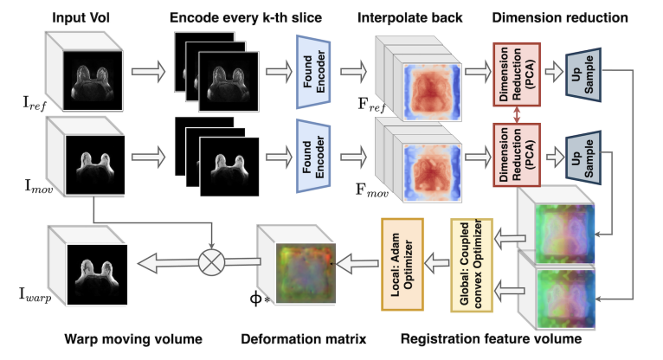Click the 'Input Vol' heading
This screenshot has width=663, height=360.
[80, 18]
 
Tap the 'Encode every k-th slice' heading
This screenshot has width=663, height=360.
[246, 18]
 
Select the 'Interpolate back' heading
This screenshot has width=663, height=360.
[409, 18]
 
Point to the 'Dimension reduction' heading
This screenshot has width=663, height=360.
[560, 18]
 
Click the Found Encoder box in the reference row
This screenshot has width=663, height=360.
[313, 72]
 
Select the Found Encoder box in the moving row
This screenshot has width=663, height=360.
[313, 157]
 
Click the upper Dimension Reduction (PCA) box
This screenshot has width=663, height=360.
[517, 74]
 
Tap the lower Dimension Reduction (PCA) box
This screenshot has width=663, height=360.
[517, 155]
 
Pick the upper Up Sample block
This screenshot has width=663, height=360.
[583, 74]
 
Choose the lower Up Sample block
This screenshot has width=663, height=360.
[583, 158]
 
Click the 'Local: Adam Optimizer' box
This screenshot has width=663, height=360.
[402, 265]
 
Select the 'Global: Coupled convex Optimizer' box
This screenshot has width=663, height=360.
[472, 266]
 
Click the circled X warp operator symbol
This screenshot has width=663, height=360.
[211, 262]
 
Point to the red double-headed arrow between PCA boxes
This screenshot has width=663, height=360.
[517, 115]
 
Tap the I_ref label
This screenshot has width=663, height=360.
[35, 104]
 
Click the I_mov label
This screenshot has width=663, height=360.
[39, 186]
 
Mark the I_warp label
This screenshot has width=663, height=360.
[35, 294]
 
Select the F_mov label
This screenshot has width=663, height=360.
[371, 190]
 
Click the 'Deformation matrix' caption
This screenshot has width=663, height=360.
[304, 339]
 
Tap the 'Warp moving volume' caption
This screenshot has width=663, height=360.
[133, 339]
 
